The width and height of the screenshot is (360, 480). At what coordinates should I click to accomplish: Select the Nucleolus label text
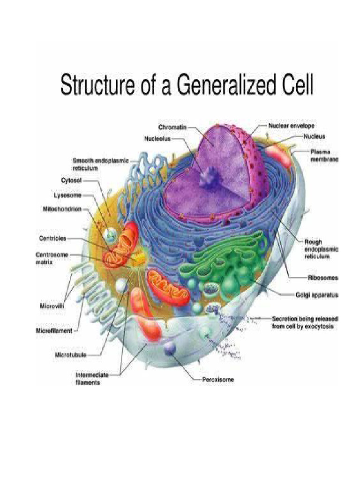157,139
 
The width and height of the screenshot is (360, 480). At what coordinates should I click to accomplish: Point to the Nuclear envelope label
291,126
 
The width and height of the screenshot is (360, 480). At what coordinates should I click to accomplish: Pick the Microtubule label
70,354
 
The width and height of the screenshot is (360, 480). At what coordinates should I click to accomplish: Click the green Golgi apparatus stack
225,262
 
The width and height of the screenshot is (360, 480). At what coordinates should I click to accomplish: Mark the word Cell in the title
295,87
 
